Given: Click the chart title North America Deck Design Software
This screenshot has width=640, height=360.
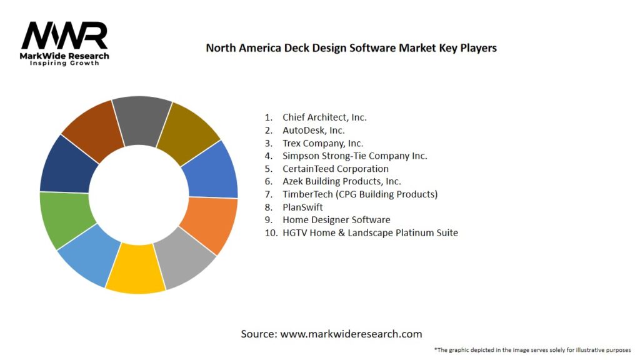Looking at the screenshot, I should (x=351, y=47).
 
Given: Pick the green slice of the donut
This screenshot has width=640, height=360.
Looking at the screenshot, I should (x=66, y=218).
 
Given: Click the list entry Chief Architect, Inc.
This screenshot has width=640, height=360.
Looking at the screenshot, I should (x=324, y=117).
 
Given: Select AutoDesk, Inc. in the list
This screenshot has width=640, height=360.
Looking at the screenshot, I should (x=313, y=130).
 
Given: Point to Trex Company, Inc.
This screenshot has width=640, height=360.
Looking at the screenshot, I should (x=322, y=143).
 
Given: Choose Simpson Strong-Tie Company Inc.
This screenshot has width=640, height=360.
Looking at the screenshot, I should (x=354, y=156).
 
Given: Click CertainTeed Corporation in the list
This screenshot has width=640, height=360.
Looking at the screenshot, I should (x=335, y=169).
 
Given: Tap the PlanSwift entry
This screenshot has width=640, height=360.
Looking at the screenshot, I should (x=302, y=207).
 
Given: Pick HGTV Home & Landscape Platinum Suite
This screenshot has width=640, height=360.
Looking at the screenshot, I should (x=370, y=232).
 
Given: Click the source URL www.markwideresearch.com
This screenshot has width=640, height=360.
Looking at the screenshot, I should (x=351, y=334).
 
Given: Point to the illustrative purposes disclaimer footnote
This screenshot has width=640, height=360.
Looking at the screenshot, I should (x=532, y=349).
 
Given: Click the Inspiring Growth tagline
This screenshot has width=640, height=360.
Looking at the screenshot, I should (x=64, y=63).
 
